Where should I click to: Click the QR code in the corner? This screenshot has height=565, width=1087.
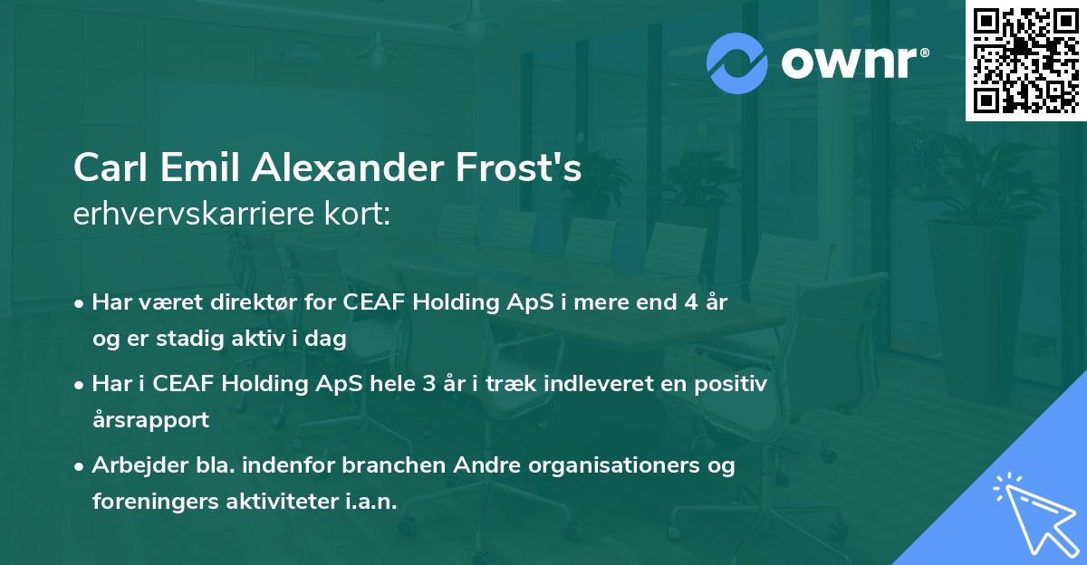tap(1025, 60)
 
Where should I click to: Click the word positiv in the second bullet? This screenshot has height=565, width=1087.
tap(733, 384)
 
